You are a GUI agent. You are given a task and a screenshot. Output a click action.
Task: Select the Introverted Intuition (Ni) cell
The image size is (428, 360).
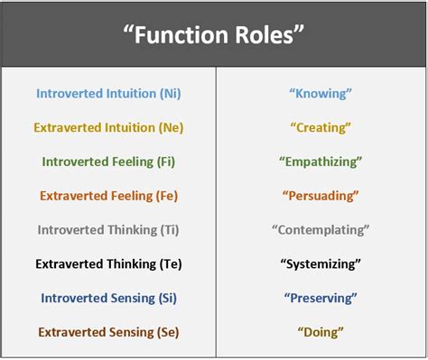(x=108, y=93)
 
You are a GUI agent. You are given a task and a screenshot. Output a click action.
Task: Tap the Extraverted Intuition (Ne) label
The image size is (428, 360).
(x=108, y=127)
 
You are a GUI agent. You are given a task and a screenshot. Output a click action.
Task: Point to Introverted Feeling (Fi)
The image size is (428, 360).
(x=108, y=162)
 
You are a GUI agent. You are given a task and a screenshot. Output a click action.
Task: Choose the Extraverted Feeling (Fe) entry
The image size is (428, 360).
(x=108, y=196)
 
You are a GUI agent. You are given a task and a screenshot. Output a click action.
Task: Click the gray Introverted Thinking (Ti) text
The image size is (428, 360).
(x=108, y=230)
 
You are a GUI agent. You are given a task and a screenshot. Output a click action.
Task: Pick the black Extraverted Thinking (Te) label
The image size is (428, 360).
(x=108, y=264)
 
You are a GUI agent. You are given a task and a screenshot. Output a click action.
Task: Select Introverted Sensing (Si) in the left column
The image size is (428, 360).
(x=108, y=298)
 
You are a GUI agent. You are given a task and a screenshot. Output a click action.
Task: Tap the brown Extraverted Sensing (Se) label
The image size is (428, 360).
(x=108, y=332)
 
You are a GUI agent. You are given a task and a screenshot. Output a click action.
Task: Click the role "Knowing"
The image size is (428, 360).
(x=321, y=93)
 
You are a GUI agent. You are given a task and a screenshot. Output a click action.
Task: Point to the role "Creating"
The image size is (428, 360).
(x=321, y=127)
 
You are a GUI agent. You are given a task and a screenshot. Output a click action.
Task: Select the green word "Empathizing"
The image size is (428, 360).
(x=321, y=162)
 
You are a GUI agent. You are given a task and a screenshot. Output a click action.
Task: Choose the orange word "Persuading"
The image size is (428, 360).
(x=321, y=196)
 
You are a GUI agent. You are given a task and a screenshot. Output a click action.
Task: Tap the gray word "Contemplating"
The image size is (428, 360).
(x=321, y=230)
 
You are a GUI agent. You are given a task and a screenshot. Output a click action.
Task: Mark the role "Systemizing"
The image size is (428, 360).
(x=321, y=264)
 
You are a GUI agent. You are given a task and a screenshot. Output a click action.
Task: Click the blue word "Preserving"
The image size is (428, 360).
(x=321, y=298)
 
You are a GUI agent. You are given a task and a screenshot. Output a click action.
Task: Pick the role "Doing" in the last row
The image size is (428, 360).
(x=321, y=332)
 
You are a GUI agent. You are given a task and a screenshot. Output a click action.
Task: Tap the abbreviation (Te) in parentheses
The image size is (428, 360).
(x=169, y=264)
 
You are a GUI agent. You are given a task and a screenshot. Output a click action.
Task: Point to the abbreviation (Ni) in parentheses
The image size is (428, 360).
(x=168, y=93)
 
